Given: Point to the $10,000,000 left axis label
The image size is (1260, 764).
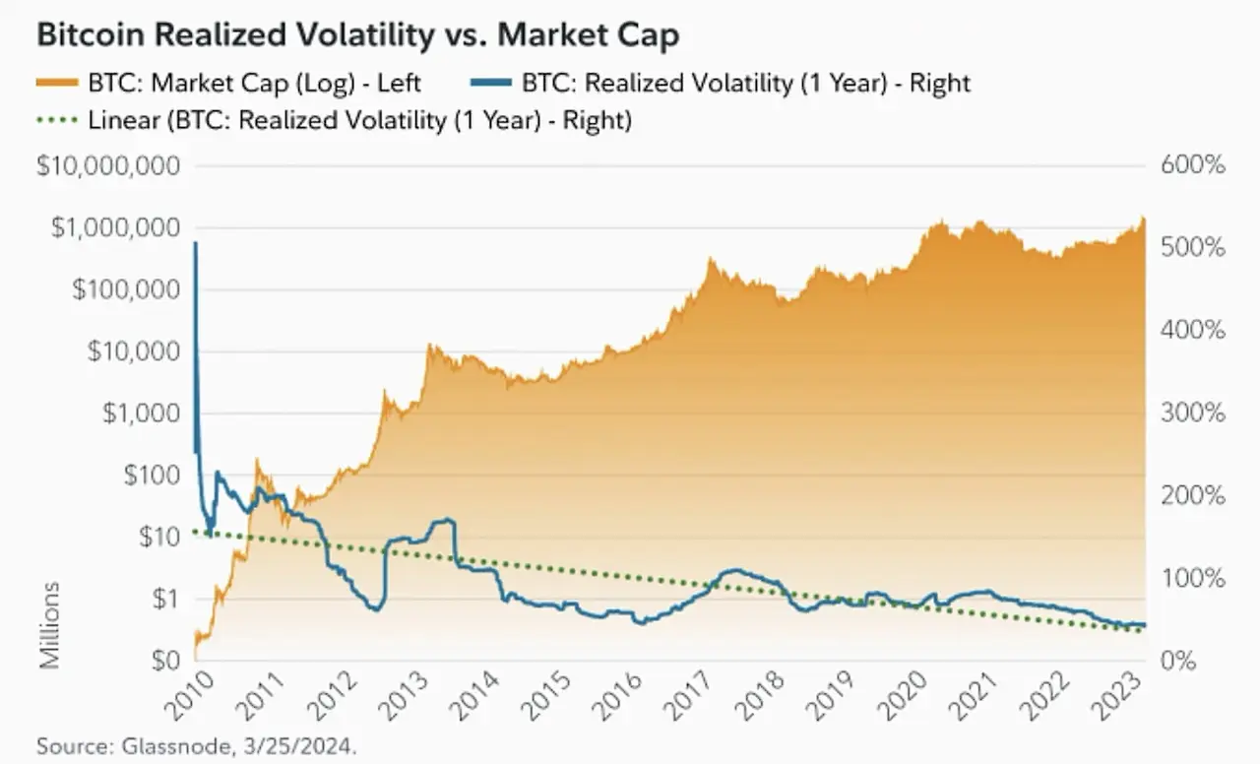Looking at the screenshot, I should pos(108,165).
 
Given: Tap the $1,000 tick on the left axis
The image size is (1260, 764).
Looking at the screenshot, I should pos(141,413).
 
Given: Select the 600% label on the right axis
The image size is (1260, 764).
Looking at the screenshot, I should pos(1192,165).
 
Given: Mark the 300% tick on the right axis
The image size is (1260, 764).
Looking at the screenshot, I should pos(1192,413).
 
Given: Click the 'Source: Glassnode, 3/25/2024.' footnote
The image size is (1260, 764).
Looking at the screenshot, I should pos(197,745).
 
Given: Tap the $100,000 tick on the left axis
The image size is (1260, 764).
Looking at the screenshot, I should pos(125,289).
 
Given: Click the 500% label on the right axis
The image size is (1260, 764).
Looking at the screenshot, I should pos(1192,247).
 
